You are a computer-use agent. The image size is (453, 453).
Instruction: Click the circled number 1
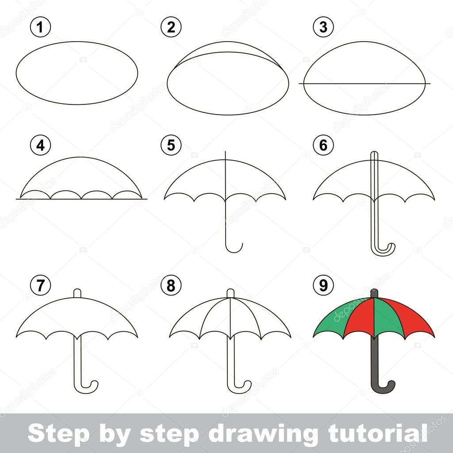40,27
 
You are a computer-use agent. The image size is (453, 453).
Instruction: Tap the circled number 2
171,27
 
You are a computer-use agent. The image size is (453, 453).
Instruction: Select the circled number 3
323,27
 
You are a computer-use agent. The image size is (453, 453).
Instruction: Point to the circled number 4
40,145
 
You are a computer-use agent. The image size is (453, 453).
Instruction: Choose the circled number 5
171,145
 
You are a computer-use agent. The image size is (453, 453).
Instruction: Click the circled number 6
323,145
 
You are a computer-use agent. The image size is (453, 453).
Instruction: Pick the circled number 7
40,285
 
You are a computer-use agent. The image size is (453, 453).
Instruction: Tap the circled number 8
171,285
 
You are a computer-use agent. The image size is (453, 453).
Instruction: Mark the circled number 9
323,285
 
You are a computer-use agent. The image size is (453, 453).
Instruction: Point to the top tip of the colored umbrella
374,291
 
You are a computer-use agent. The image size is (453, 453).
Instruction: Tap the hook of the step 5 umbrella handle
234,250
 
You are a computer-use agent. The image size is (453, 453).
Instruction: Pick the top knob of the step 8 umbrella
230,293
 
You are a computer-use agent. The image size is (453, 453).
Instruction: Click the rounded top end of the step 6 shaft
374,153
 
